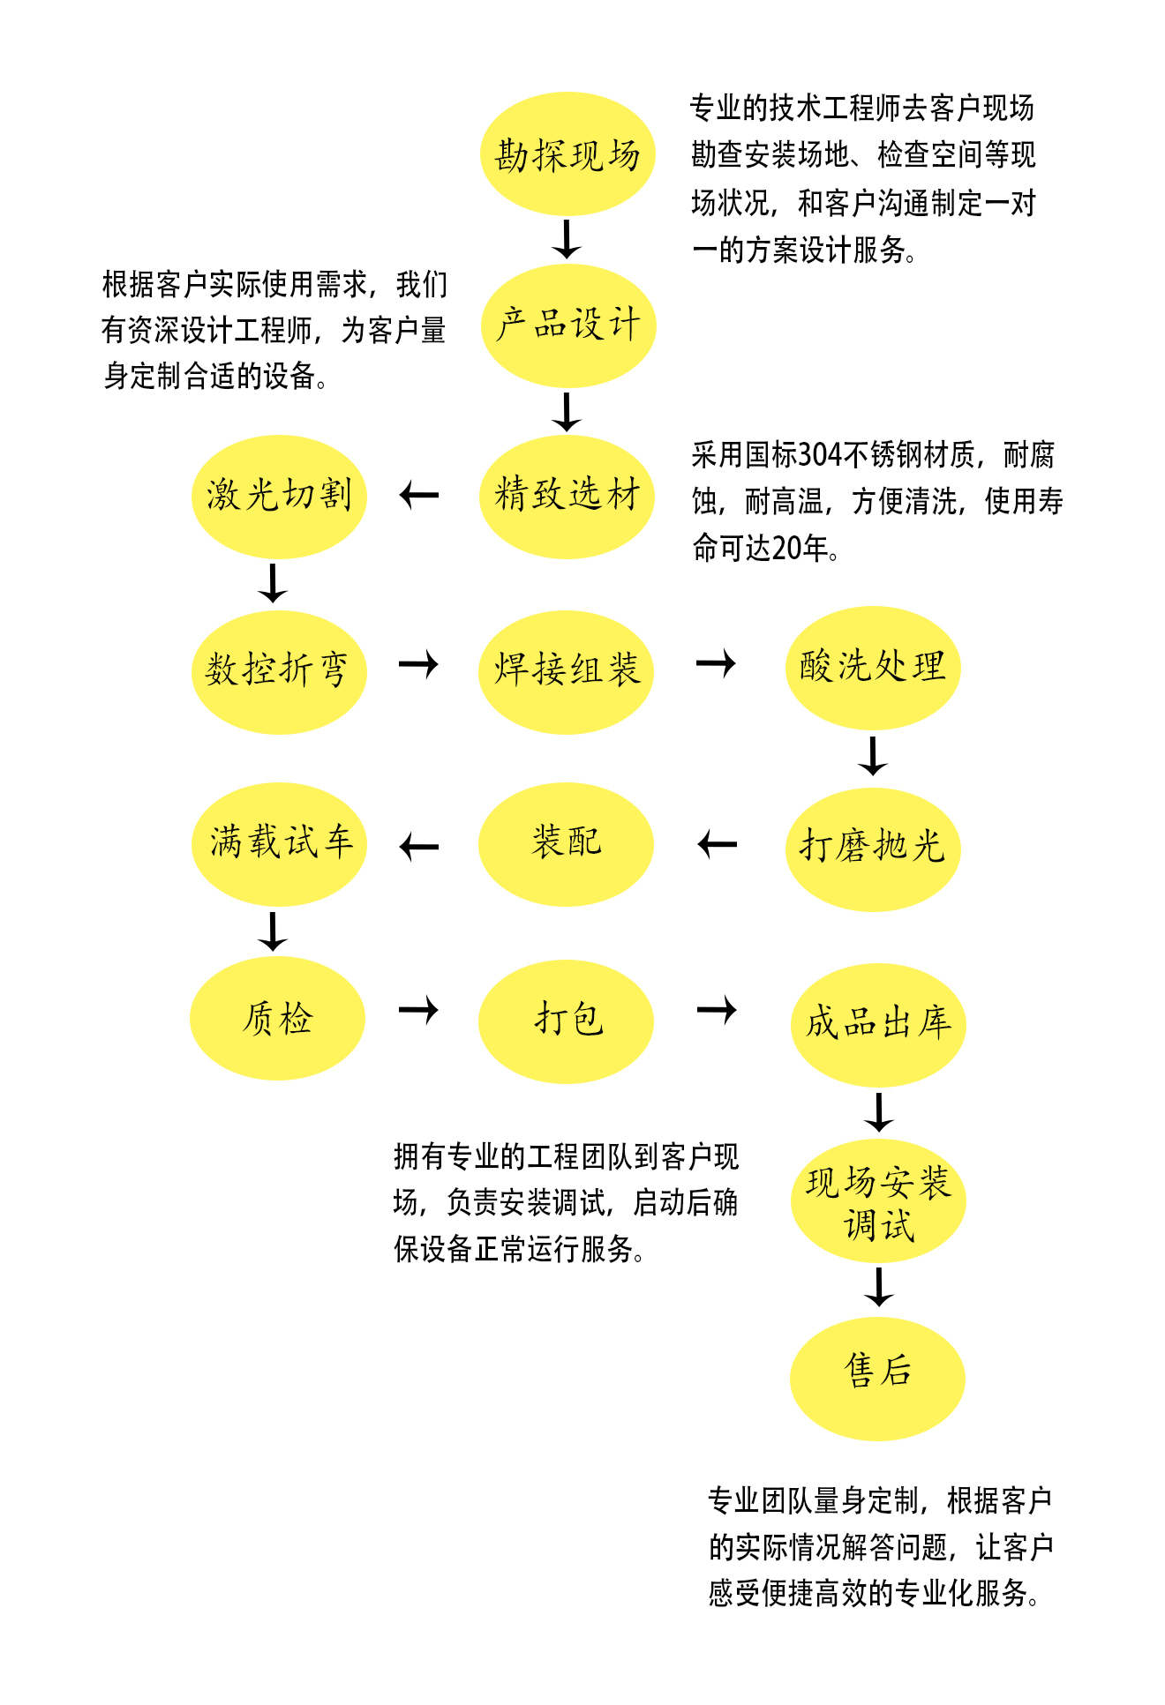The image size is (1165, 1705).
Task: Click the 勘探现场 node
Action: click(x=567, y=154)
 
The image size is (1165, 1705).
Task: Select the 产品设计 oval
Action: click(x=568, y=325)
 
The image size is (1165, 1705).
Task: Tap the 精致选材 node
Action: click(x=567, y=496)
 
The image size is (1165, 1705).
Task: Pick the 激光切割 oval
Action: click(x=279, y=496)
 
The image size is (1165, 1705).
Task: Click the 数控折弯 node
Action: click(x=279, y=671)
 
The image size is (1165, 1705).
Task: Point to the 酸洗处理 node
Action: click(x=872, y=668)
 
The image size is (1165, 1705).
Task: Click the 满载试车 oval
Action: click(x=279, y=843)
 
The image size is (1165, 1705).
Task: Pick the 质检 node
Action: click(x=277, y=1019)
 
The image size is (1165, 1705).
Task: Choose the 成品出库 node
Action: click(x=878, y=1024)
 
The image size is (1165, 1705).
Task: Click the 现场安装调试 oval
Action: click(x=878, y=1202)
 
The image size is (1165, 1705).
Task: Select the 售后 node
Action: click(x=877, y=1378)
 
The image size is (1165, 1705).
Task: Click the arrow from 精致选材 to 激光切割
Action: click(x=419, y=496)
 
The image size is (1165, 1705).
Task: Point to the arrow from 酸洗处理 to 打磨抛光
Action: click(x=873, y=756)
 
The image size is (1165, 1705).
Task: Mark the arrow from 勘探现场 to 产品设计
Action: click(x=567, y=239)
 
